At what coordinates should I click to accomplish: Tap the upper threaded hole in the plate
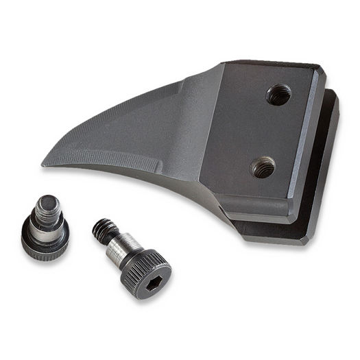pyautogui.click(x=277, y=95)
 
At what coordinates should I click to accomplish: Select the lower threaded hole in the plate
pyautogui.click(x=263, y=165)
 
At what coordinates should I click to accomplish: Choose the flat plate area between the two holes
pyautogui.click(x=271, y=130)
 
